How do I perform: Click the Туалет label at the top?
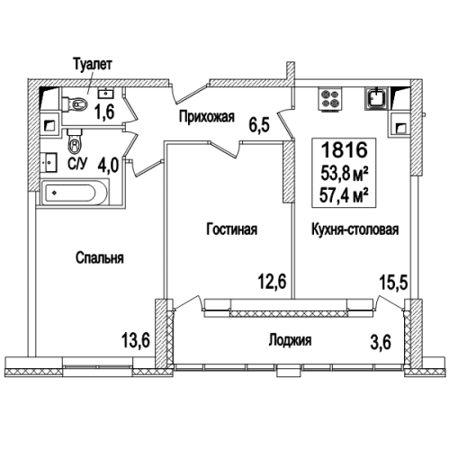tap(94, 65)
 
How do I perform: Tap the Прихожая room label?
tap(206, 116)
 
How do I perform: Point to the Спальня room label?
tap(99, 257)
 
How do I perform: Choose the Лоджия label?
tap(290, 340)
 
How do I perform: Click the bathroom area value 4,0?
tap(108, 166)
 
